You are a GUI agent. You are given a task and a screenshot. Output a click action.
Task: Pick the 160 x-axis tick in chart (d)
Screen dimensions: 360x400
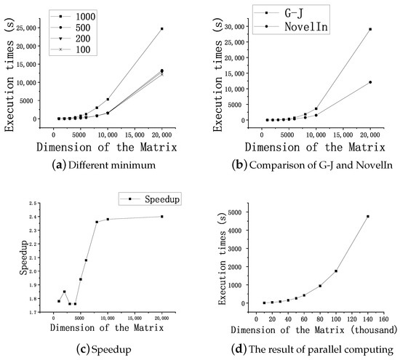[383, 316]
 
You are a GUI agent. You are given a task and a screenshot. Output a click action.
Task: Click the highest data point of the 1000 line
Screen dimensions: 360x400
[161, 29]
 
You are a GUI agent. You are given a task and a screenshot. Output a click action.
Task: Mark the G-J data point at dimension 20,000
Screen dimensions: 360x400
[370, 29]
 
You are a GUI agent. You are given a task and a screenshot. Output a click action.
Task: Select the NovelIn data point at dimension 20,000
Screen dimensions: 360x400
[370, 82]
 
